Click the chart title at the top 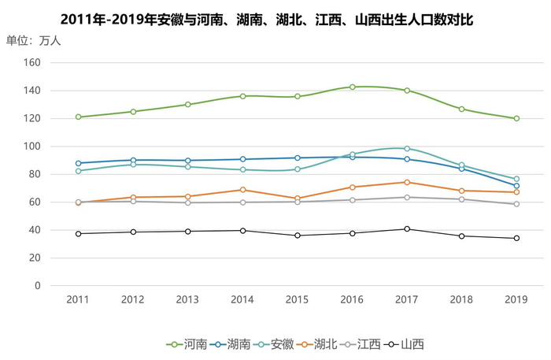[267, 17]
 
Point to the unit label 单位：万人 [33, 40]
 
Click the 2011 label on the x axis [78, 300]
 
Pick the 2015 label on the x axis [297, 300]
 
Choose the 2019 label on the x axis [516, 300]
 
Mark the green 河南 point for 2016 [352, 87]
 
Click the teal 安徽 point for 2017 [407, 149]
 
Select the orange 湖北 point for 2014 [242, 190]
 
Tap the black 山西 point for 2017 [407, 229]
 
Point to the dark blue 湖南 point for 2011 [78, 163]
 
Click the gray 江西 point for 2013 [187, 202]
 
